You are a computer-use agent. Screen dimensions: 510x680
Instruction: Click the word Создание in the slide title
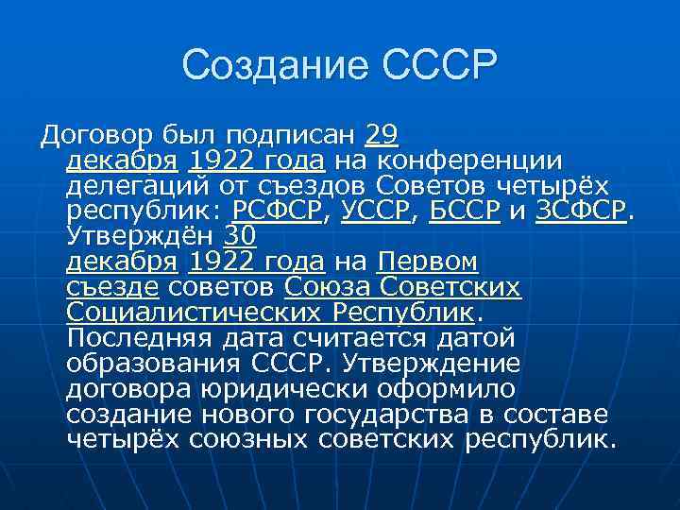(x=276, y=66)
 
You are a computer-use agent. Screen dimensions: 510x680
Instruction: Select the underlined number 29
(x=382, y=135)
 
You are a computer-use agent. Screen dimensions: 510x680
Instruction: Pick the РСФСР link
(x=278, y=211)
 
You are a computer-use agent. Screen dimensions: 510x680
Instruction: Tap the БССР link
(x=464, y=211)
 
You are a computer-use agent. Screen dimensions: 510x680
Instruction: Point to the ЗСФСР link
(x=581, y=211)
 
